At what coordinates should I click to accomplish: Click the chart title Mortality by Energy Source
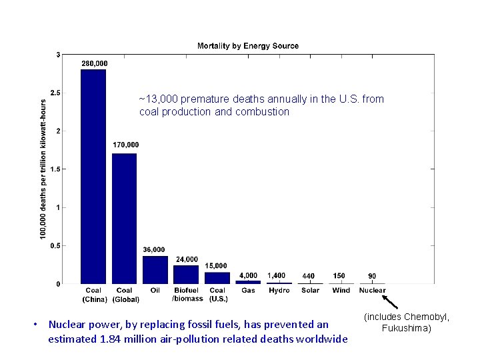(x=248, y=46)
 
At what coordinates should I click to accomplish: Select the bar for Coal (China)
(x=93, y=177)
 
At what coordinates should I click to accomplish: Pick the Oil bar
(x=155, y=270)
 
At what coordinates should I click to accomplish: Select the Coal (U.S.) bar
(x=217, y=278)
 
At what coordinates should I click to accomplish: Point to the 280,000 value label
(x=94, y=63)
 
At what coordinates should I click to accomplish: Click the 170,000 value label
(x=125, y=145)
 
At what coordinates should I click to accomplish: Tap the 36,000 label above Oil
(x=154, y=250)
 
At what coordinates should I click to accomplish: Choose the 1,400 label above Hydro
(x=277, y=275)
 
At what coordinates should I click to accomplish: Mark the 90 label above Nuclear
(x=372, y=276)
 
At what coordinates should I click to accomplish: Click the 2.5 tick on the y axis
(x=57, y=93)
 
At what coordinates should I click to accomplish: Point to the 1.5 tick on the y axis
(x=57, y=169)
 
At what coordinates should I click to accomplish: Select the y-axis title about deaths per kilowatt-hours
(x=43, y=169)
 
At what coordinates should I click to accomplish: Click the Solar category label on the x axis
(x=310, y=291)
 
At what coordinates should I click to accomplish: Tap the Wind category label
(x=341, y=291)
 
